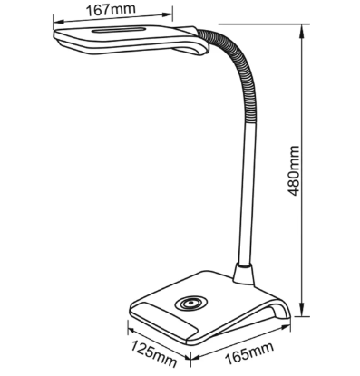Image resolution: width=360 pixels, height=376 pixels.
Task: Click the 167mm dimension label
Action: tap(111, 9)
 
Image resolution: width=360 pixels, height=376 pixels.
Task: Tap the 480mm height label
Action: tap(293, 171)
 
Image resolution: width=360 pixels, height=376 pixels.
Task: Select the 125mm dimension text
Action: tap(153, 353)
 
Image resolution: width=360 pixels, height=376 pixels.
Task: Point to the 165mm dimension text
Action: tap(249, 353)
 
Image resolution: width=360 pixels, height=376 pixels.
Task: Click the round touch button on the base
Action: tap(191, 303)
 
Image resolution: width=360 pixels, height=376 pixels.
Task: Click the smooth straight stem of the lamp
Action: tap(248, 193)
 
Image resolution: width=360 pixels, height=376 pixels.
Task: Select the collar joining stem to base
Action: tap(244, 274)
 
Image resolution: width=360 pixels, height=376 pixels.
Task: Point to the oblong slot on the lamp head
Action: tap(119, 31)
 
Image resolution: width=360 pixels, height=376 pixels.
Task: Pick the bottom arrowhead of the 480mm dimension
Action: tap(302, 309)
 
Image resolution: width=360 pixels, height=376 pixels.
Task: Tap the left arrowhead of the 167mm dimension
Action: tap(59, 22)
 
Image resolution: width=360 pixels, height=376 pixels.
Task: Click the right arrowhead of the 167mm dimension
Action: tap(167, 14)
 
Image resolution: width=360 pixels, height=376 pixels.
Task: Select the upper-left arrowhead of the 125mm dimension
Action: tap(132, 330)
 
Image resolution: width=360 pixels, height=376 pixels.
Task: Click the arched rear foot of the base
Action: tap(280, 309)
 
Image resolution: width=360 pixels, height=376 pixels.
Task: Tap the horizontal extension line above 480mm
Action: tap(265, 24)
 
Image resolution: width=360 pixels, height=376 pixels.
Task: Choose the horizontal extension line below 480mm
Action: tap(303, 316)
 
